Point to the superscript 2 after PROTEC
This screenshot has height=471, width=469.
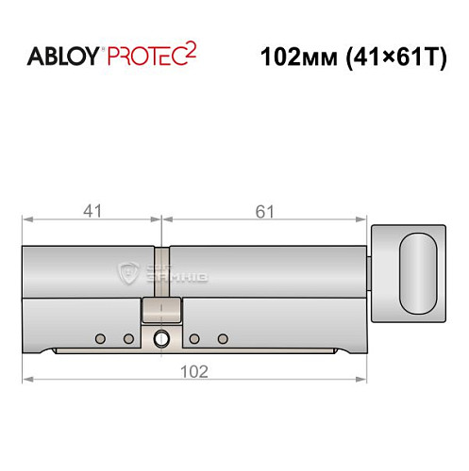192,48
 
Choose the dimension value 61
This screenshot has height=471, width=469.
265,211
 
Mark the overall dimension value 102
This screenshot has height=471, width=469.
194,370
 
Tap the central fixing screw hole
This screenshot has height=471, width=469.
162,339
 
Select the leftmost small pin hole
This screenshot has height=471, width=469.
99,338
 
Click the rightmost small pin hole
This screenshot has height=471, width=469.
224,338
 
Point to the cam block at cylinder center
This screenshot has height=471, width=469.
162,309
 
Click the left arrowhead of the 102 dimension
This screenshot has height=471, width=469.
26,380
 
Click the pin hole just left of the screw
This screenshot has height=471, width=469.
128,338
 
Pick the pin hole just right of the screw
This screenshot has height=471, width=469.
193,338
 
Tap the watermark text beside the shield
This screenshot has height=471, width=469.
170,274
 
